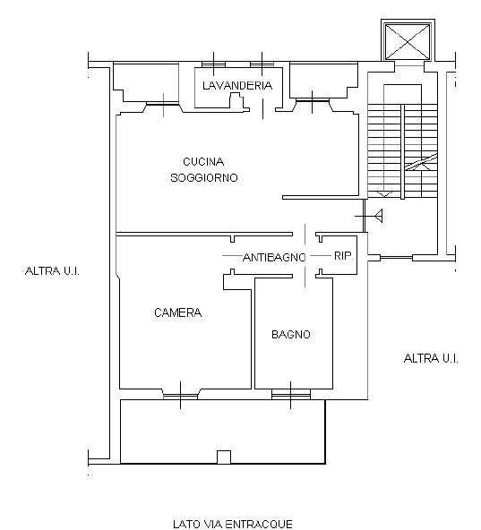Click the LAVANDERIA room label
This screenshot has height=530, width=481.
point(237,86)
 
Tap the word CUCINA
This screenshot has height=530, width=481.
point(203,161)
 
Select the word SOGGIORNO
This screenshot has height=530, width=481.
point(204,177)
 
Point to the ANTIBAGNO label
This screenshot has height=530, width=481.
point(274,258)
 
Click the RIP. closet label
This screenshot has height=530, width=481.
point(343,255)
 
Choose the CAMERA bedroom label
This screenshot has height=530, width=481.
point(177,312)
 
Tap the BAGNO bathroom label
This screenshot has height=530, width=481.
point(291,335)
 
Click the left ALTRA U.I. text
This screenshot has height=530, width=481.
point(52,271)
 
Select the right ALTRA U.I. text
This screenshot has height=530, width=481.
point(431,358)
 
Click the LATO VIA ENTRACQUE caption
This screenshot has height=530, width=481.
point(233,524)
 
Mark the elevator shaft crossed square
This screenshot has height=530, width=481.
point(408,41)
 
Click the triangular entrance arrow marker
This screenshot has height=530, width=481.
point(379,216)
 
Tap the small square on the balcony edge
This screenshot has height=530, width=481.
point(224,457)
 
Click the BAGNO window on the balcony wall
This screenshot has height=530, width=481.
point(291,395)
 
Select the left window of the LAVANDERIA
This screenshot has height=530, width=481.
point(213,64)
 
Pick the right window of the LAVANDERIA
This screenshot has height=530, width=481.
point(262,64)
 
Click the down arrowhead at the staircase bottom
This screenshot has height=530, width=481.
point(384,194)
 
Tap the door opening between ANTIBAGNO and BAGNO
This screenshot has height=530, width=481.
point(305,277)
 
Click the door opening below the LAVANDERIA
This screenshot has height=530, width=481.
point(262,109)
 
